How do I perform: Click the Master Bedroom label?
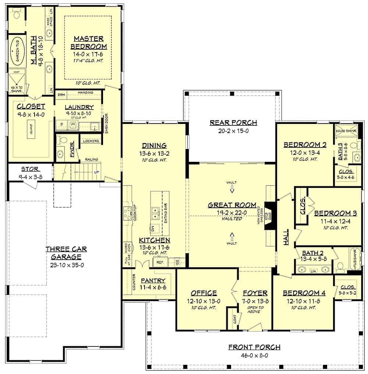pyautogui.click(x=88, y=42)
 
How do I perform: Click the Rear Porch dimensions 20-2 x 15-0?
pyautogui.click(x=233, y=131)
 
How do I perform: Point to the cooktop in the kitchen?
pyautogui.click(x=128, y=213)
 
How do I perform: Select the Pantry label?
pyautogui.click(x=153, y=280)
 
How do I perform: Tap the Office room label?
pyautogui.click(x=204, y=293)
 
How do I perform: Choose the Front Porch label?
pyautogui.click(x=254, y=347)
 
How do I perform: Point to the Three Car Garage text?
pyautogui.click(x=66, y=253)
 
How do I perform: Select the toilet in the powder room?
pyautogui.click(x=62, y=141)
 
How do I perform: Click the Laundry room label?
pyautogui.click(x=79, y=107)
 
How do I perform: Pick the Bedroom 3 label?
pyautogui.click(x=332, y=213)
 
